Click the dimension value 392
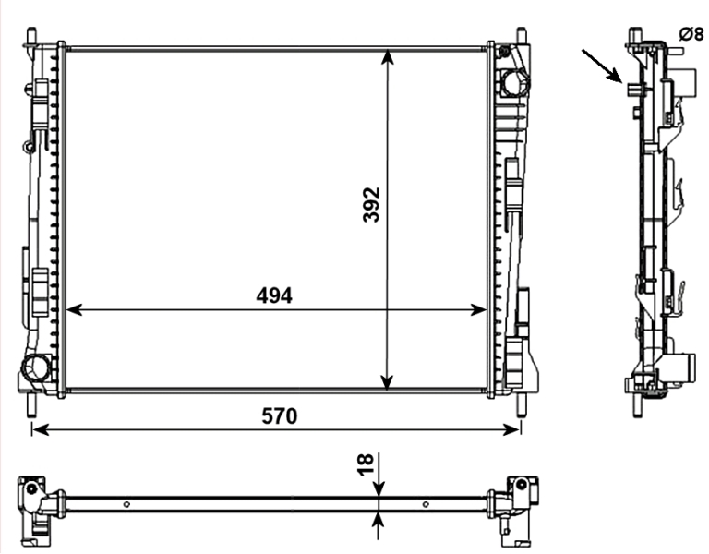coord(371,204)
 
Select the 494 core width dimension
coord(274,296)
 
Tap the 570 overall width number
coord(280,416)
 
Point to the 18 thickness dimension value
coord(366,464)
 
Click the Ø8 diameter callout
coord(691,34)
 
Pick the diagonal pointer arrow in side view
coord(602,66)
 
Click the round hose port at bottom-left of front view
coord(36,367)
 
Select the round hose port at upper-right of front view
coord(515,83)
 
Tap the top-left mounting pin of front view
coord(32,36)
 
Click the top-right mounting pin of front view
coord(521,36)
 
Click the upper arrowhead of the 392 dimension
coord(387,57)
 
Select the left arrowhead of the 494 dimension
coord(74,310)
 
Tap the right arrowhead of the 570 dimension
coord(511,429)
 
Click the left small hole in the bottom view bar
coord(126,504)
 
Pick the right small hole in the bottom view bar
coord(426,504)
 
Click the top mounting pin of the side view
coord(636,35)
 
